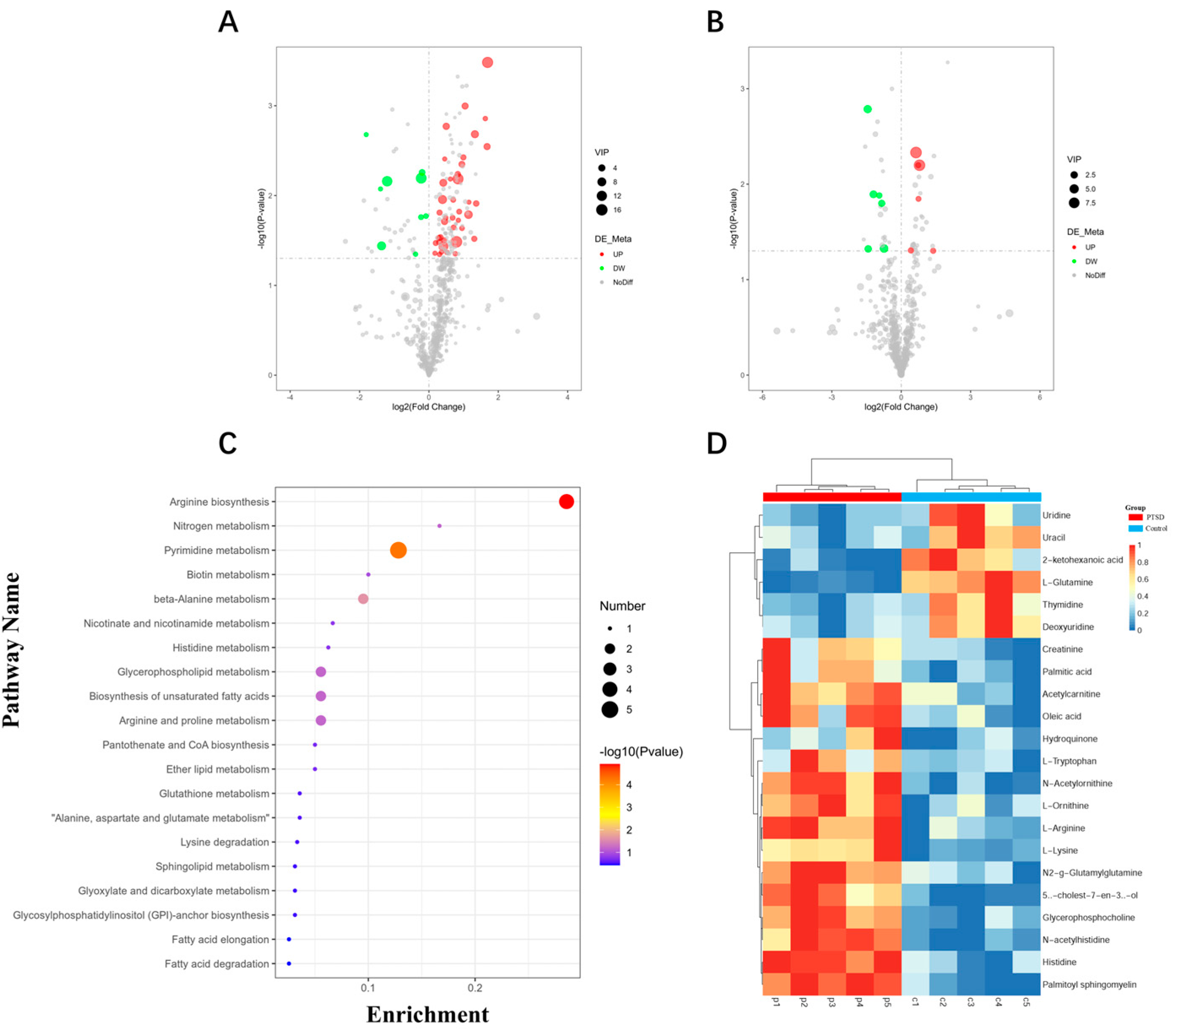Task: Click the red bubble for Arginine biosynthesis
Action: [x=566, y=502]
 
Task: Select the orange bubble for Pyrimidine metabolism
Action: [x=398, y=550]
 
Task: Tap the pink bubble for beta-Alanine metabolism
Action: [x=363, y=599]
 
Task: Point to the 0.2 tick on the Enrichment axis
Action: [x=475, y=987]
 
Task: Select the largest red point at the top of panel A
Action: [x=487, y=62]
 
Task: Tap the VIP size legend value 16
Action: [x=617, y=210]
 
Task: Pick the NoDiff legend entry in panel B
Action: [x=1094, y=276]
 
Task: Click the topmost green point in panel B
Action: [x=867, y=109]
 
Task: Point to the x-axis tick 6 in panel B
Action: [x=1039, y=397]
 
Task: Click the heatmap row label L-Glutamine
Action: [x=1067, y=582]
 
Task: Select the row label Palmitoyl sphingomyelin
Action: [x=1089, y=984]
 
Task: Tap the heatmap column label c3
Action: [x=970, y=1002]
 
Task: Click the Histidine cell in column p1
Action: [x=776, y=962]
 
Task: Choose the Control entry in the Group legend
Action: [x=1155, y=528]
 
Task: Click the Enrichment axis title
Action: [x=427, y=1014]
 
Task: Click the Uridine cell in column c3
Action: [x=970, y=515]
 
